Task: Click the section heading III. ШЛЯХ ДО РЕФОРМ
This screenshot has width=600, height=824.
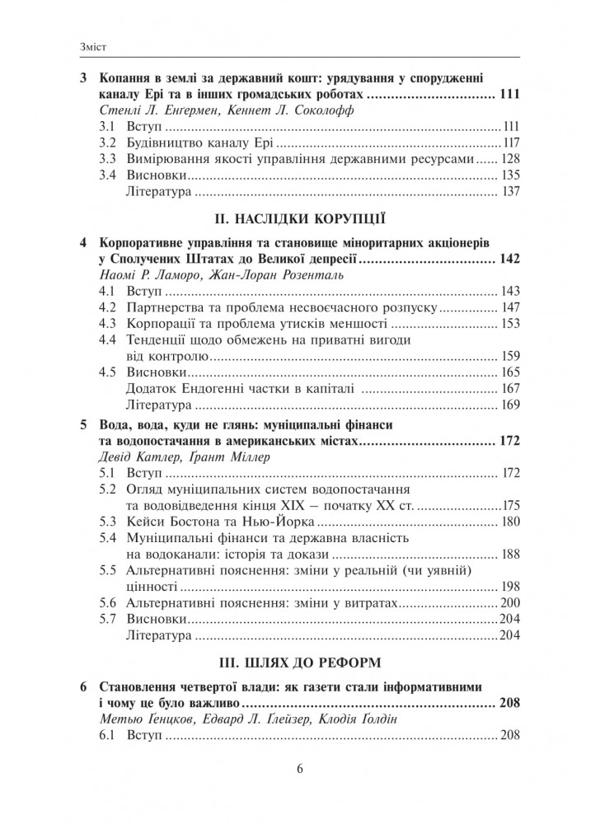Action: click(x=300, y=662)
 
